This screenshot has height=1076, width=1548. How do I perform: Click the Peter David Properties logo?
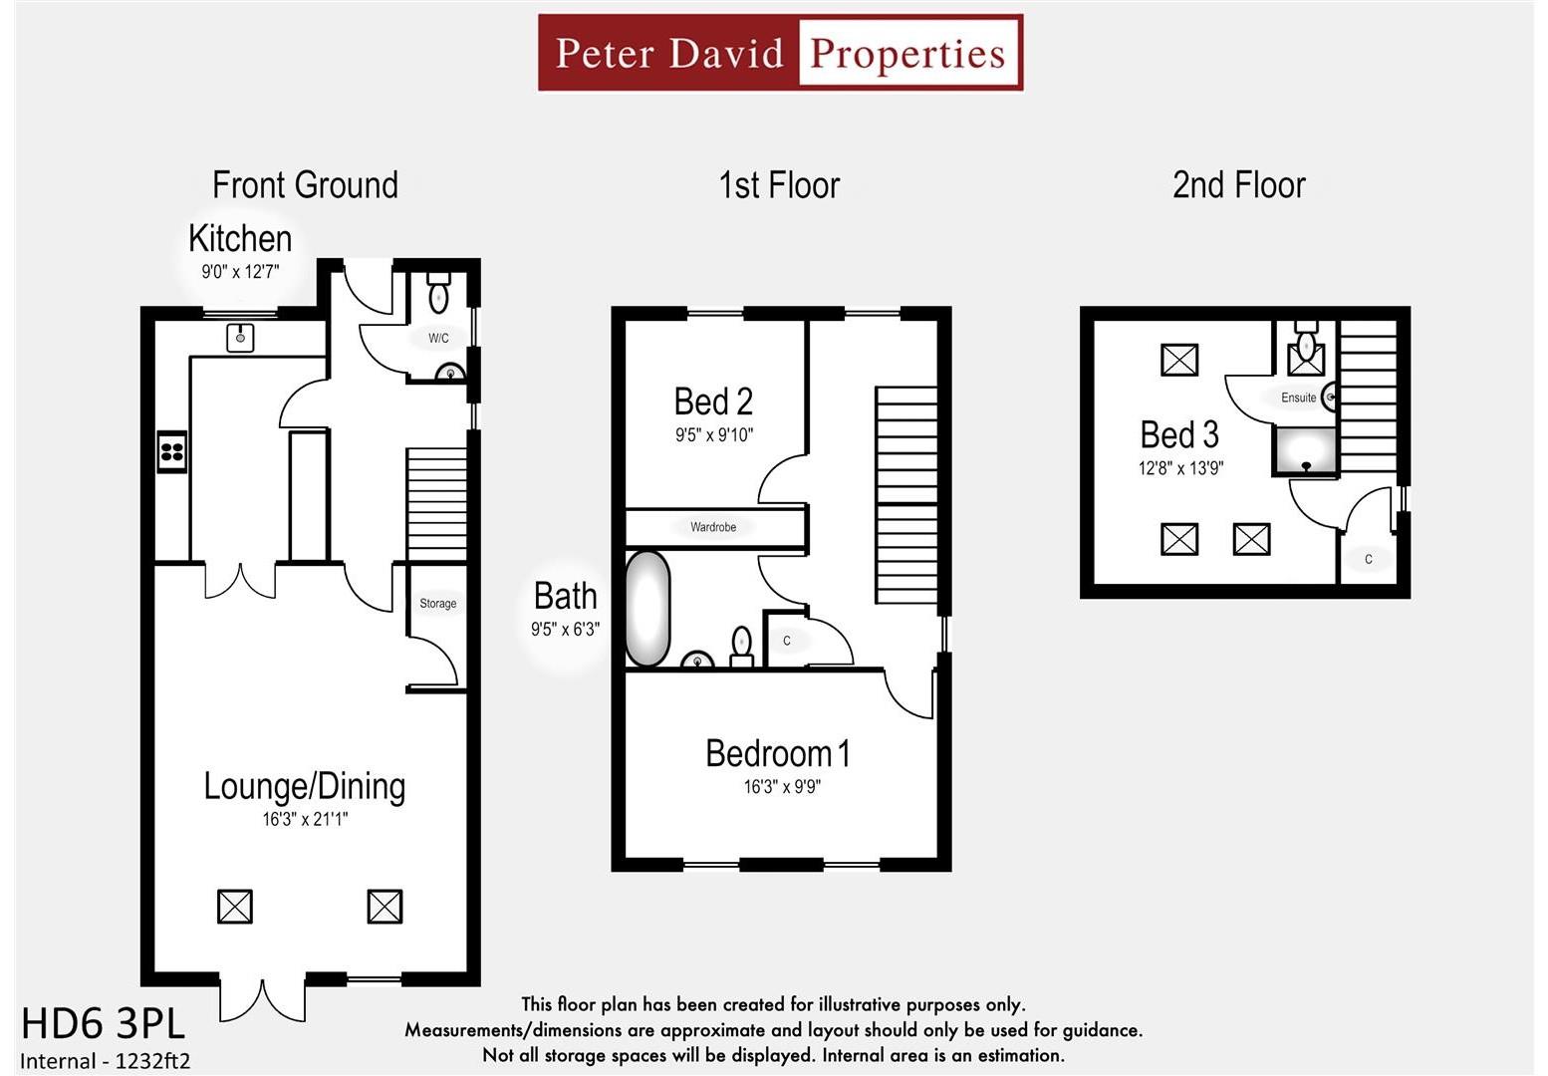click(x=780, y=53)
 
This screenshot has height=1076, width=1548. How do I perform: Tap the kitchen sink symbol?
click(x=240, y=338)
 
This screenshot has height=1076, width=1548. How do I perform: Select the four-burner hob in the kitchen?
click(x=171, y=451)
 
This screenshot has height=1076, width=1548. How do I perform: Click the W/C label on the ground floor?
click(x=438, y=338)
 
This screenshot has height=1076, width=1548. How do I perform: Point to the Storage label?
click(x=437, y=604)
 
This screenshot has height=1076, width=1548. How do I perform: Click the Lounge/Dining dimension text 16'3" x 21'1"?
click(x=305, y=820)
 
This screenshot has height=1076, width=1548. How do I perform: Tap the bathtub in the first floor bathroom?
click(x=647, y=609)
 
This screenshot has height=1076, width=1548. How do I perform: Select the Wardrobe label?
click(x=713, y=527)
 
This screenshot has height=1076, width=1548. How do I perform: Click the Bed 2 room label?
click(x=713, y=402)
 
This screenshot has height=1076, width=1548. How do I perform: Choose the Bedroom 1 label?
click(x=778, y=753)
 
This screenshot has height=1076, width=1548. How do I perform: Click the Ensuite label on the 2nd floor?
click(x=1298, y=398)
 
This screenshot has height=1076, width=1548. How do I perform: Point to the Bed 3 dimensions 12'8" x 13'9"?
click(x=1180, y=468)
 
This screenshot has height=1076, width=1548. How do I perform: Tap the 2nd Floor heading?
click(x=1238, y=185)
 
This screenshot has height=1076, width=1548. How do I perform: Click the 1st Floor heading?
click(x=779, y=185)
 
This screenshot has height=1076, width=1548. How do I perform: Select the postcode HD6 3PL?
click(x=103, y=1024)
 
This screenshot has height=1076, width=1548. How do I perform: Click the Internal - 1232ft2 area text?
click(x=105, y=1061)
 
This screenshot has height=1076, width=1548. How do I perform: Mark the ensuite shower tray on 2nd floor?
click(x=1305, y=451)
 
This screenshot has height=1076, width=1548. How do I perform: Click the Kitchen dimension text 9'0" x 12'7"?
click(x=240, y=272)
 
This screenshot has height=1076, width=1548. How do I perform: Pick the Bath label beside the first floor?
click(x=565, y=596)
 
